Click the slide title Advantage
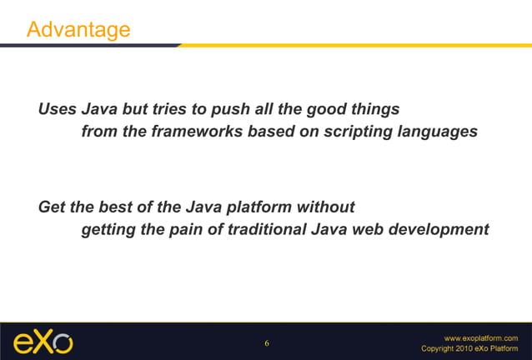tap(78, 29)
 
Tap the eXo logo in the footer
tap(43, 342)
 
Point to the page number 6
tap(267, 343)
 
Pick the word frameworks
tap(203, 132)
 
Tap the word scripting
tap(359, 132)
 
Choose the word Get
tap(53, 207)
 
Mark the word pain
tap(184, 229)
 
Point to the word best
tap(117, 207)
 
